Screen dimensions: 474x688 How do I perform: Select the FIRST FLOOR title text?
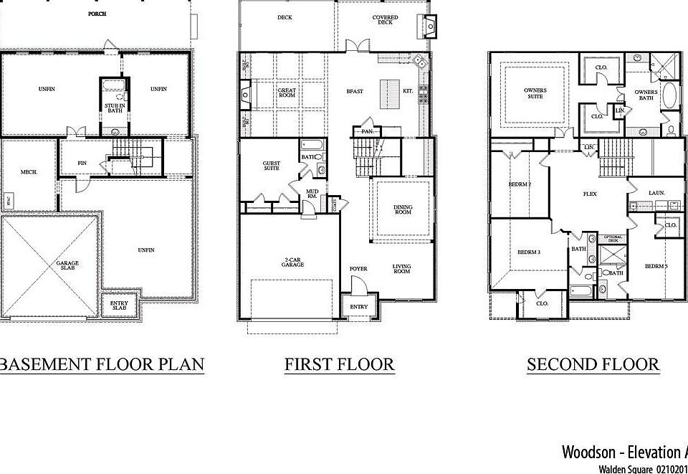(x=339, y=364)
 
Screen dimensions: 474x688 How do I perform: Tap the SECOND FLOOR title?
(x=593, y=364)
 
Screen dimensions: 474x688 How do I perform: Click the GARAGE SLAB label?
(x=67, y=266)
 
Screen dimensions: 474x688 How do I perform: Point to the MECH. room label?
(x=29, y=172)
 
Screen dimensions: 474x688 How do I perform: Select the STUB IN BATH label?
(x=113, y=108)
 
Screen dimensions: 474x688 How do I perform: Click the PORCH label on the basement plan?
(x=97, y=14)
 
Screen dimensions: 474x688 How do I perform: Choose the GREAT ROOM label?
(x=287, y=93)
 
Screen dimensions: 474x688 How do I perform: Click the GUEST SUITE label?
(x=272, y=166)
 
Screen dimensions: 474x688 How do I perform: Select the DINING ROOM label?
(x=403, y=210)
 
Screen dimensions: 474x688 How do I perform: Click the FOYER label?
(x=358, y=269)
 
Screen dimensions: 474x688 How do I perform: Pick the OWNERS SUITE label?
(x=535, y=93)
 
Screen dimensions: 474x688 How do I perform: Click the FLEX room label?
(x=591, y=194)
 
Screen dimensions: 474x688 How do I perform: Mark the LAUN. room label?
(x=656, y=193)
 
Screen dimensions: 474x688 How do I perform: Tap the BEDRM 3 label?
(x=528, y=252)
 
